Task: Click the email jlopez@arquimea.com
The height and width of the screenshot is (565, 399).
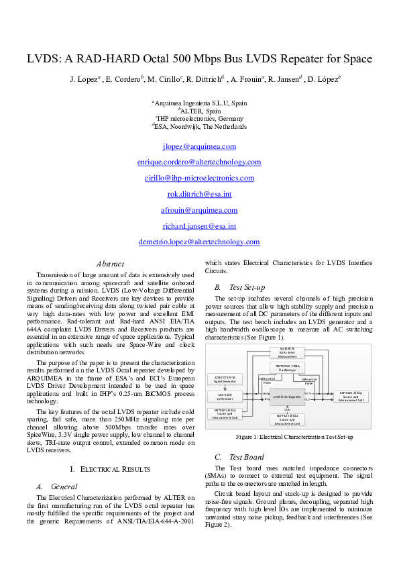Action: pos(199,146)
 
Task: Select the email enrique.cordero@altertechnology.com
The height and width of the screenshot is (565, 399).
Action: pos(199,162)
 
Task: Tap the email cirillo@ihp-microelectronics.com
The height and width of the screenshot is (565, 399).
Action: pos(199,178)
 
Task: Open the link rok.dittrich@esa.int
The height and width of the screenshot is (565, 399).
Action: pos(199,194)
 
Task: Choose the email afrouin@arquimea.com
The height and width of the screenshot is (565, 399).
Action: pos(199,210)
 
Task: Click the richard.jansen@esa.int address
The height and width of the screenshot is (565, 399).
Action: pos(199,226)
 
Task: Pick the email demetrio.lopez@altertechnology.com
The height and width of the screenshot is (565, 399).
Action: pos(199,242)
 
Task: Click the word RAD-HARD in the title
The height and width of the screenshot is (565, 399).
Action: pos(102,58)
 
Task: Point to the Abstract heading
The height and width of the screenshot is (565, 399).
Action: pos(110,264)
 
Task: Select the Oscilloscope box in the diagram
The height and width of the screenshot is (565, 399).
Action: pos(288,367)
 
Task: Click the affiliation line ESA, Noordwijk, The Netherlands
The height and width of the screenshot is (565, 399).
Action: pos(199,126)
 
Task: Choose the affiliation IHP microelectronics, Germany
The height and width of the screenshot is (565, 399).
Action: pos(199,118)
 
